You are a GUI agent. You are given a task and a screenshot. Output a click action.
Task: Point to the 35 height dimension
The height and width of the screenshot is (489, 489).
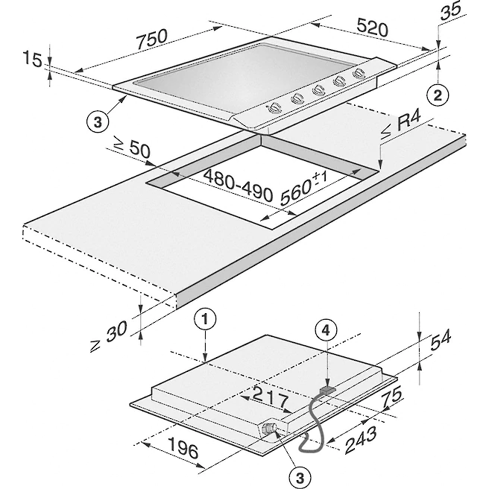click(x=449, y=12)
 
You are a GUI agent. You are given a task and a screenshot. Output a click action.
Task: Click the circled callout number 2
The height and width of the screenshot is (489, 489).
click(x=439, y=95)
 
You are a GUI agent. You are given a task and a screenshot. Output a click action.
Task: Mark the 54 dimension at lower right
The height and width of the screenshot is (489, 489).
click(x=442, y=338)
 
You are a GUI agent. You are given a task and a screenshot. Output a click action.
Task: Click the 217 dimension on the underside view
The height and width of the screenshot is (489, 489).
click(x=265, y=393)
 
